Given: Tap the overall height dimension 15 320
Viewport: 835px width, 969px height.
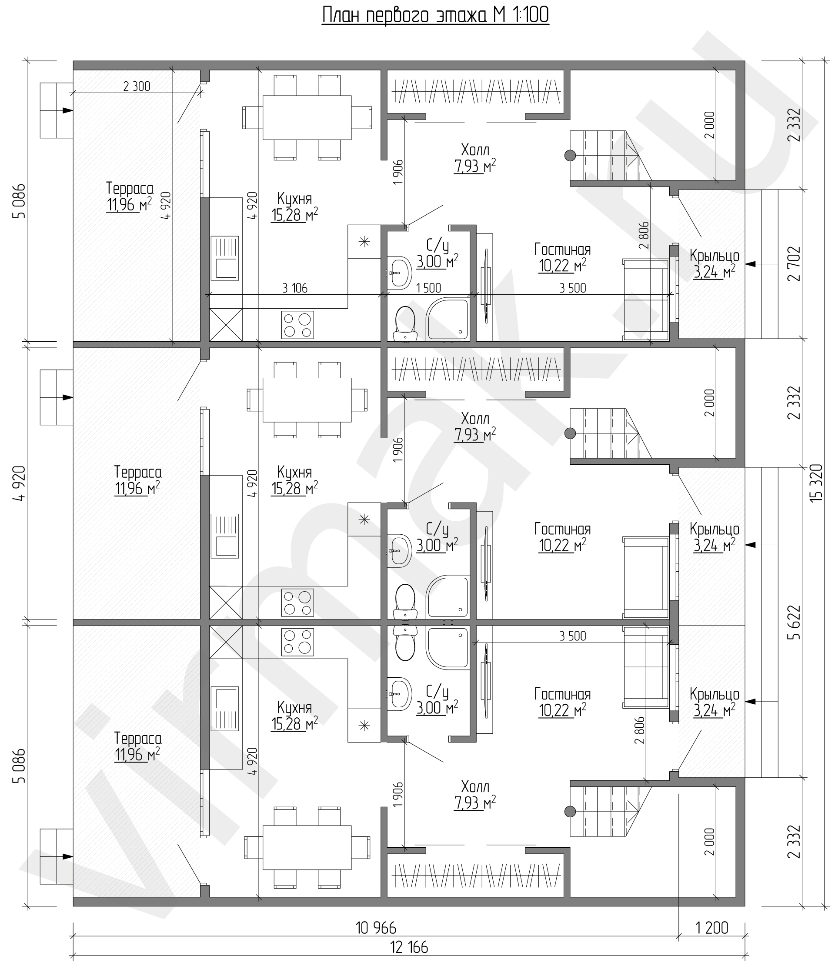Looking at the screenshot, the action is [x=816, y=483].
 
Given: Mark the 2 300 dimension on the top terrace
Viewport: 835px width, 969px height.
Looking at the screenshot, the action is [x=137, y=86].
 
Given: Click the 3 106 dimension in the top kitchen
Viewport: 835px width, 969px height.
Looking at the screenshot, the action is [x=295, y=288].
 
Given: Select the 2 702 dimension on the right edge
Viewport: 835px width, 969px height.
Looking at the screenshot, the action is [x=794, y=264].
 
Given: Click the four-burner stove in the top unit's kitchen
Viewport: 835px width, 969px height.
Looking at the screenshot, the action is [x=297, y=325].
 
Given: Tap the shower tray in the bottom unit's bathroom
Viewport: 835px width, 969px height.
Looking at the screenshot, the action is [x=447, y=649].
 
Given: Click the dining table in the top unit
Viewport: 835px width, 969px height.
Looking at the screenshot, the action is [x=307, y=117].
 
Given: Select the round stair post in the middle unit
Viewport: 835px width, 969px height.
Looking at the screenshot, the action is [x=570, y=433].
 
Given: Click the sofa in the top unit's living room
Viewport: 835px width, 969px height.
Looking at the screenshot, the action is [x=646, y=299].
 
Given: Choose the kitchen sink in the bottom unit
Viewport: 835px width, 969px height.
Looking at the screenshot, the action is [x=225, y=709].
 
